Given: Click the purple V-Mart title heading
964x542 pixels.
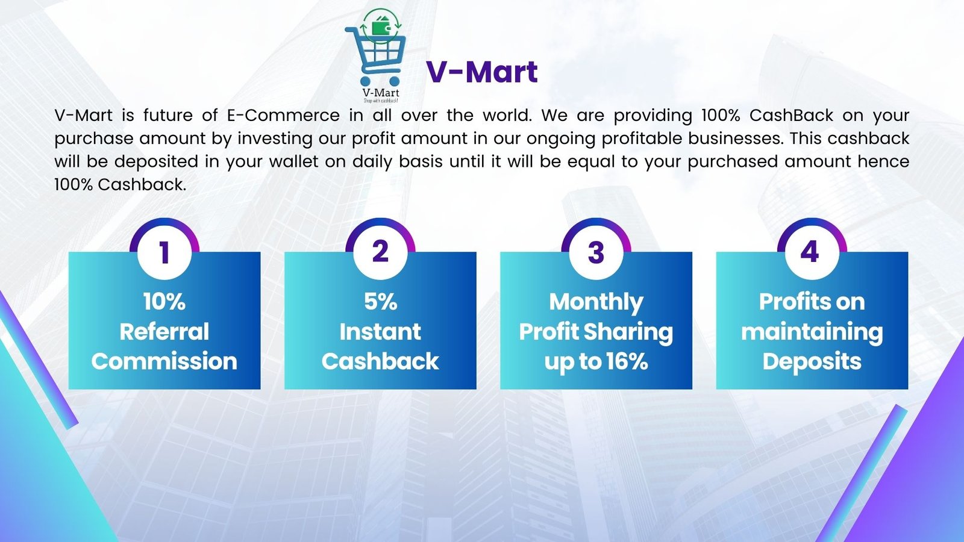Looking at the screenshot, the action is click(481, 72).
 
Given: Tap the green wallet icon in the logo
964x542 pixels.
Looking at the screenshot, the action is click(381, 27).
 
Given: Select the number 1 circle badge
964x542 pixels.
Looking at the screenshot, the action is click(164, 252).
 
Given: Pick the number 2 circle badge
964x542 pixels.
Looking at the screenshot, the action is click(380, 252).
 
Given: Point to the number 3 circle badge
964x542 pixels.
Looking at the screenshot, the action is click(596, 252).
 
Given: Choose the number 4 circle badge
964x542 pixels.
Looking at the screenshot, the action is click(812, 252).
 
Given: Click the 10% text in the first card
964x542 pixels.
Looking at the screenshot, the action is click(164, 302).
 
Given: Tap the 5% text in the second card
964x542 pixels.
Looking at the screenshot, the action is click(380, 302).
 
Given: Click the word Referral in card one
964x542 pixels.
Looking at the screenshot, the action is click(164, 332).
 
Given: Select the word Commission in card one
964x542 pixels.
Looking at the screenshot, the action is click(164, 361).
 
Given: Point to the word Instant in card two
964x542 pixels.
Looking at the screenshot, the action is click(380, 332).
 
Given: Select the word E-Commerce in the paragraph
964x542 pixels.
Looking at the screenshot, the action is click(283, 115).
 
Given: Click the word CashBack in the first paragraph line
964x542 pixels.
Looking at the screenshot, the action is click(792, 115).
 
